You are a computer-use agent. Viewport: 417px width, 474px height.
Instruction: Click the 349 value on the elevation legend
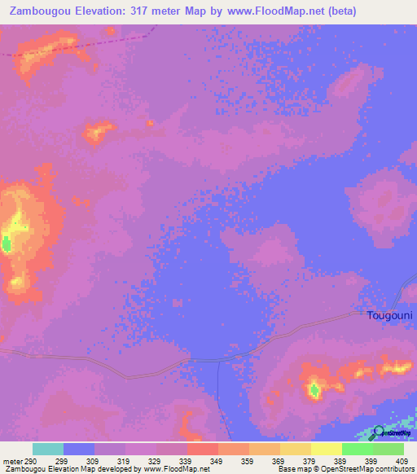[x=216, y=461]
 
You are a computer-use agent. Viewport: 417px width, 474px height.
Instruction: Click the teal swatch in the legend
[x=48, y=449]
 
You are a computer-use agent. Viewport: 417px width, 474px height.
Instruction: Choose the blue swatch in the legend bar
[x=79, y=449]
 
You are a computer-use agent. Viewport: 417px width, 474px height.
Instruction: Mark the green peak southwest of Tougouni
[x=314, y=390]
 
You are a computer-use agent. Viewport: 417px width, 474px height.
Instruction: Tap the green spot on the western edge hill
[x=7, y=243]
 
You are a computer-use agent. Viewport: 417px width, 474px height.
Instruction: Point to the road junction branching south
[x=219, y=361]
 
